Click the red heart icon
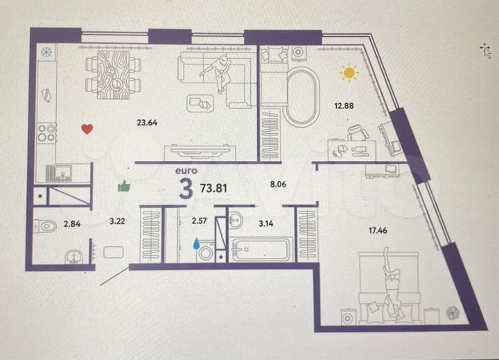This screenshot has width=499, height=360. tap(87, 129)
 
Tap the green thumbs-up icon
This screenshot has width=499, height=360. tap(125, 185)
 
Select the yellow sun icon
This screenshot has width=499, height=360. tap(349, 71)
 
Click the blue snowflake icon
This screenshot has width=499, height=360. tap(46, 52)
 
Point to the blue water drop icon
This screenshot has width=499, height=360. tap(196, 243)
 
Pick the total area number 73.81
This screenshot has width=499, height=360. tap(213, 187)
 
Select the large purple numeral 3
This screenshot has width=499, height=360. tap(186, 189)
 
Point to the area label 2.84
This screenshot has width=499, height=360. tap(73, 223)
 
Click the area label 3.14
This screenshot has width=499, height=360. tap(266, 223)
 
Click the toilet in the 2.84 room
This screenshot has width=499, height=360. tap(45, 225)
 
